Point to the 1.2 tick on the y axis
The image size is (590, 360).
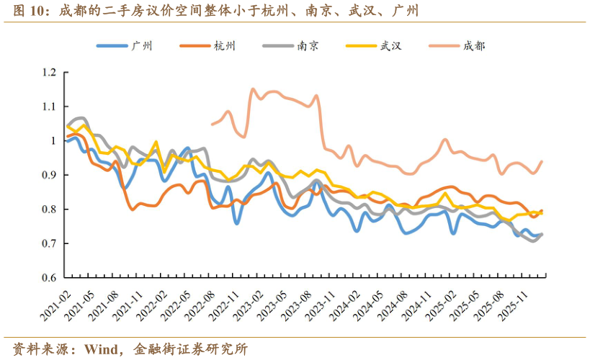pos(49,72)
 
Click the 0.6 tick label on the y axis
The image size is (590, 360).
pos(49,278)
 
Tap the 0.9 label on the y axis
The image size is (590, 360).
pos(49,175)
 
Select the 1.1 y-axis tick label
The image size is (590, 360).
pos(49,107)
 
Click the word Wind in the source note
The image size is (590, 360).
pos(102,348)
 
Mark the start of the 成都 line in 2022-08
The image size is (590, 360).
pos(212,125)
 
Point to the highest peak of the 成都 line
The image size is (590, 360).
pos(253,89)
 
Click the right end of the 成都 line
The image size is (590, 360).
pos(541,161)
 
